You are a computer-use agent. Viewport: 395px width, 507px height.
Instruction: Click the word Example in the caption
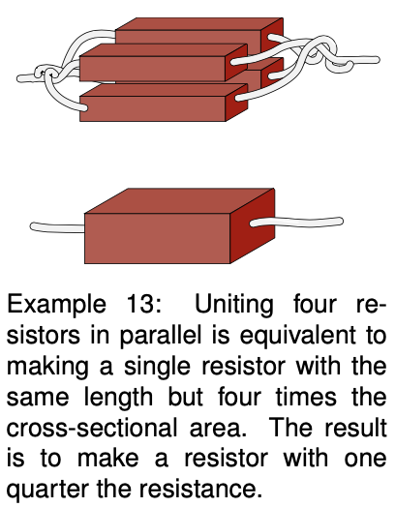(56, 305)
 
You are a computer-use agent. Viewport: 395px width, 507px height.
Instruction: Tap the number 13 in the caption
(140, 303)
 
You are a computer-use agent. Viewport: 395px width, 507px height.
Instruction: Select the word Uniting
(234, 305)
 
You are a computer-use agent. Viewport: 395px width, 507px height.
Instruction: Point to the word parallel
(161, 336)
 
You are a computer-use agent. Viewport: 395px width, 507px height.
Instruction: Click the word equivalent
(297, 336)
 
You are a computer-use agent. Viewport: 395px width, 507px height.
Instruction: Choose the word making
(47, 367)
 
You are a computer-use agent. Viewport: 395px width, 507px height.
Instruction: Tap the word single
(157, 367)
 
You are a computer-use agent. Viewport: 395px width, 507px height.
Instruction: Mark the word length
(118, 398)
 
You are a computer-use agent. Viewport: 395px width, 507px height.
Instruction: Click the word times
(306, 397)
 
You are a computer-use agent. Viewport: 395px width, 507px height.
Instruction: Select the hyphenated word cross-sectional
(92, 428)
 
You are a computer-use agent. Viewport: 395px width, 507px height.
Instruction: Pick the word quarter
(47, 491)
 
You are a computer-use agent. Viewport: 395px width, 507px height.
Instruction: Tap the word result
(355, 428)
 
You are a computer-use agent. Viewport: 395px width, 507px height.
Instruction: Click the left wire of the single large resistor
(57, 227)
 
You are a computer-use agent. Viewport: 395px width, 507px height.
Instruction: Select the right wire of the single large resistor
(296, 222)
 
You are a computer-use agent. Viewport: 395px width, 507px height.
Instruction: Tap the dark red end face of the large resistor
(253, 225)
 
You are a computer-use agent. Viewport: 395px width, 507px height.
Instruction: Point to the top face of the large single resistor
(180, 201)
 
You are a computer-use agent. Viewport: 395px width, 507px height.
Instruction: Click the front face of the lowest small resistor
(152, 108)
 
